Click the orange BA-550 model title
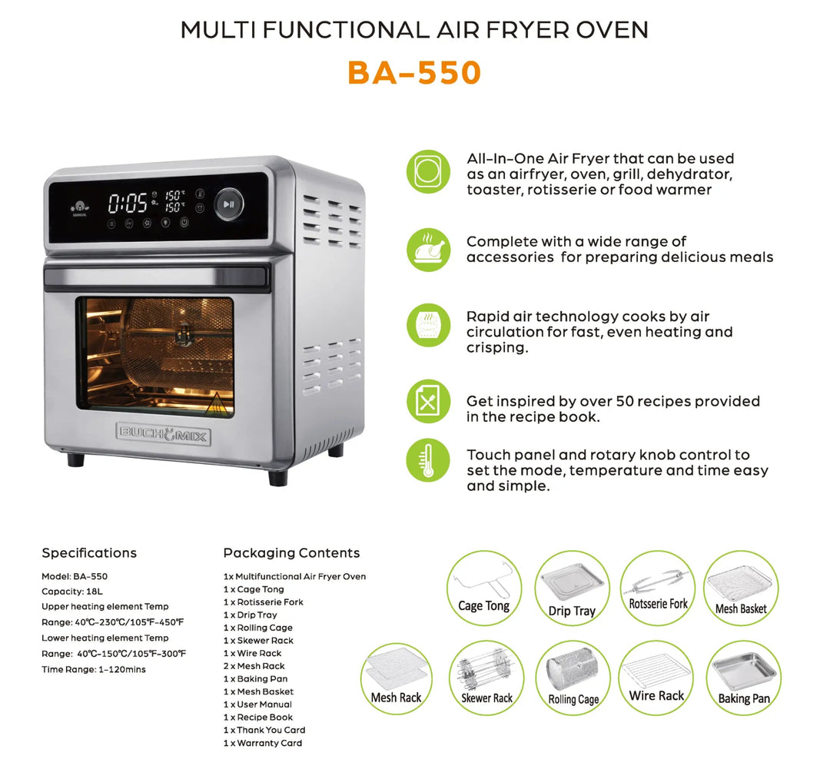414,72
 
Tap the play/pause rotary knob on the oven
228,204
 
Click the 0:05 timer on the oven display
128,204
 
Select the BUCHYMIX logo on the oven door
162,433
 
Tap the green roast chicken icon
427,250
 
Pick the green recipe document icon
427,400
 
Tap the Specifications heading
89,553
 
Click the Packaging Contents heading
291,553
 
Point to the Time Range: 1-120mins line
93,669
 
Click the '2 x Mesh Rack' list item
254,666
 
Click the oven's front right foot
277,477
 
